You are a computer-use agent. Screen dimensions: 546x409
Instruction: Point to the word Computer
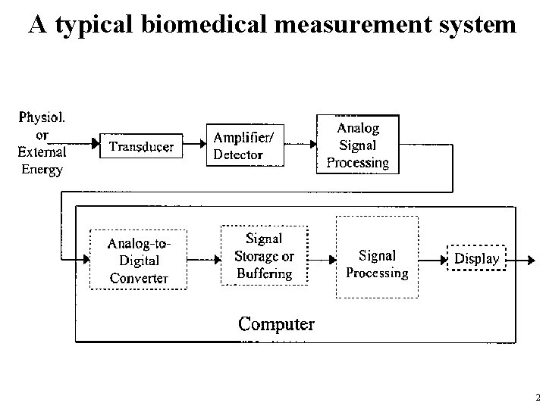(276, 324)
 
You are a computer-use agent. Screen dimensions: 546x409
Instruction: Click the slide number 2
(538, 397)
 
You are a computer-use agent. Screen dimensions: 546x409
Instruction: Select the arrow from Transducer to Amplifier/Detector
(194, 143)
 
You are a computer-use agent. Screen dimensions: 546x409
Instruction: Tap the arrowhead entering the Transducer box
(96, 143)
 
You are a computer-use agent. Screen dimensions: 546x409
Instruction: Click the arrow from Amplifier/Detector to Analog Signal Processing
(300, 144)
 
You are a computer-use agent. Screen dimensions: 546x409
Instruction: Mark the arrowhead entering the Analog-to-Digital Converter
(86, 259)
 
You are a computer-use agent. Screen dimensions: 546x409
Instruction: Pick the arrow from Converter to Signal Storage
(204, 260)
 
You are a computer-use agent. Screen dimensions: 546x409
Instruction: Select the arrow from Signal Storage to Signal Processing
(322, 260)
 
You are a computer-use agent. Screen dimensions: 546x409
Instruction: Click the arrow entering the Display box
(433, 260)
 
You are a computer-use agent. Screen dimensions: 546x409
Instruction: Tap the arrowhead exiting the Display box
(531, 260)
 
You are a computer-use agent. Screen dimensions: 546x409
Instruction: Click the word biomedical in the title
(205, 24)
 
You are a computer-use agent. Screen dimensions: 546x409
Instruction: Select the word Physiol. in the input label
(42, 118)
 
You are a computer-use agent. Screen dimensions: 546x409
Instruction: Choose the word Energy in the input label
(42, 170)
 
